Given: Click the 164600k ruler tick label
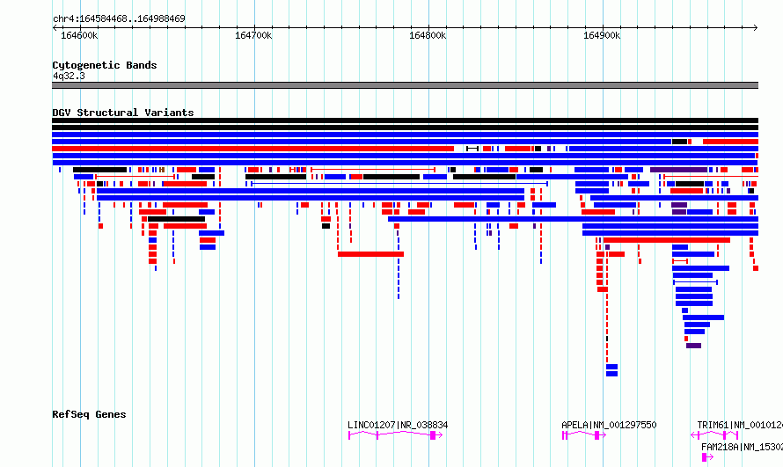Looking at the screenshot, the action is (79, 35).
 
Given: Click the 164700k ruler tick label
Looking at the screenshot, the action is (253, 35).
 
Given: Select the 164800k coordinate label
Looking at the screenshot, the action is (428, 35).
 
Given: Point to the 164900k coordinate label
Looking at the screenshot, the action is (602, 35).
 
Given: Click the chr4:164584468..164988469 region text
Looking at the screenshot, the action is (119, 18).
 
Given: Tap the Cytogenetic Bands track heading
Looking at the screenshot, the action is (105, 65).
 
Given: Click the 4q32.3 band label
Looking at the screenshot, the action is (69, 76).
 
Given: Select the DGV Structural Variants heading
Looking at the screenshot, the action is (123, 113).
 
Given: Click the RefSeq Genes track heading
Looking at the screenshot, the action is (89, 414).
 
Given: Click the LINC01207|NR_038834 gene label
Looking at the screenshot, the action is (398, 425).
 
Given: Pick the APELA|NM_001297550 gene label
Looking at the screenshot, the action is (609, 425).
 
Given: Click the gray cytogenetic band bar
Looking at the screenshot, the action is (405, 85).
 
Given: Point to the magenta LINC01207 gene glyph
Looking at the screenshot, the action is (395, 435).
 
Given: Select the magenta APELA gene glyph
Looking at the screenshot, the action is (584, 435).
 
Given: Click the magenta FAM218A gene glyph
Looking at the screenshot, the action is (707, 457).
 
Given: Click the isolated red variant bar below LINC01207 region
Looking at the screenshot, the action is (370, 254).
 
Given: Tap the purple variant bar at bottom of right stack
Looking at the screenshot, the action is (693, 346).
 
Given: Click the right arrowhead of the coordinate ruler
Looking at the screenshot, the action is (756, 28).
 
